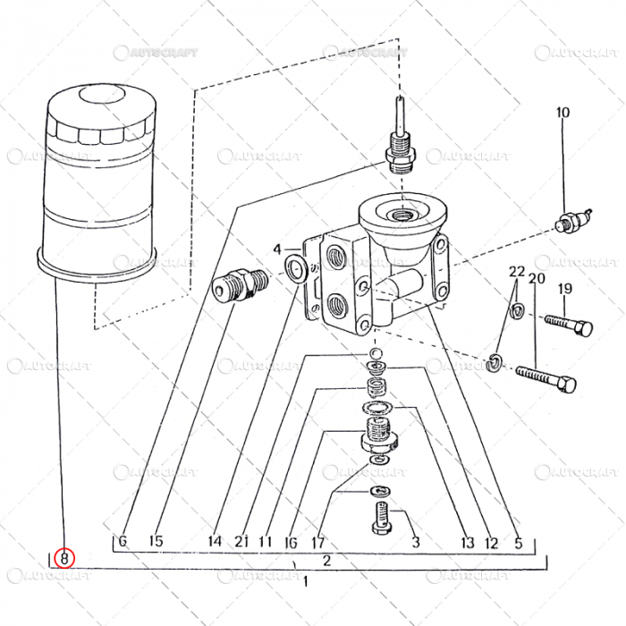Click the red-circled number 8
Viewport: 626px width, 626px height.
click(64, 558)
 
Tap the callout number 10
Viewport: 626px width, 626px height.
click(563, 113)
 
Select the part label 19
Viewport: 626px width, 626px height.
click(564, 288)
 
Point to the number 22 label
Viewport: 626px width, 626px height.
click(517, 271)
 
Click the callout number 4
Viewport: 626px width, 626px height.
click(277, 249)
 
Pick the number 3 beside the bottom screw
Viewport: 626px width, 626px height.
click(415, 541)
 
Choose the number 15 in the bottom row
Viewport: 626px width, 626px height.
click(156, 541)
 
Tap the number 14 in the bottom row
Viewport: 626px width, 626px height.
click(215, 541)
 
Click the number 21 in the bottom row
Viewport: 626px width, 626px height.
click(241, 541)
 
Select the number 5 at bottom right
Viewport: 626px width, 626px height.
click(517, 541)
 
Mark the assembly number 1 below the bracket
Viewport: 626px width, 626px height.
click(307, 581)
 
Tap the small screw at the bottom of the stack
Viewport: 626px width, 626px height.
click(379, 517)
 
